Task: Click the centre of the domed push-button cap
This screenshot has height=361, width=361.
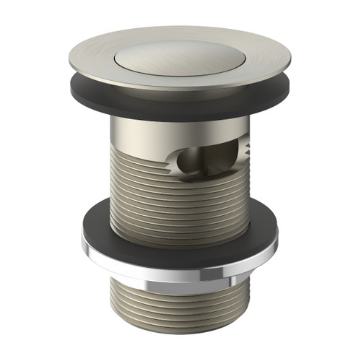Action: coord(178,56)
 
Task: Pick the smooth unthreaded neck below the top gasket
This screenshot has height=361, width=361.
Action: coord(144,130)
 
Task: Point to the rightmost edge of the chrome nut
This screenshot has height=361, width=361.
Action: coord(279,242)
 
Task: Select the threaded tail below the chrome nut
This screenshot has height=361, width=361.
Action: coord(180,303)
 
